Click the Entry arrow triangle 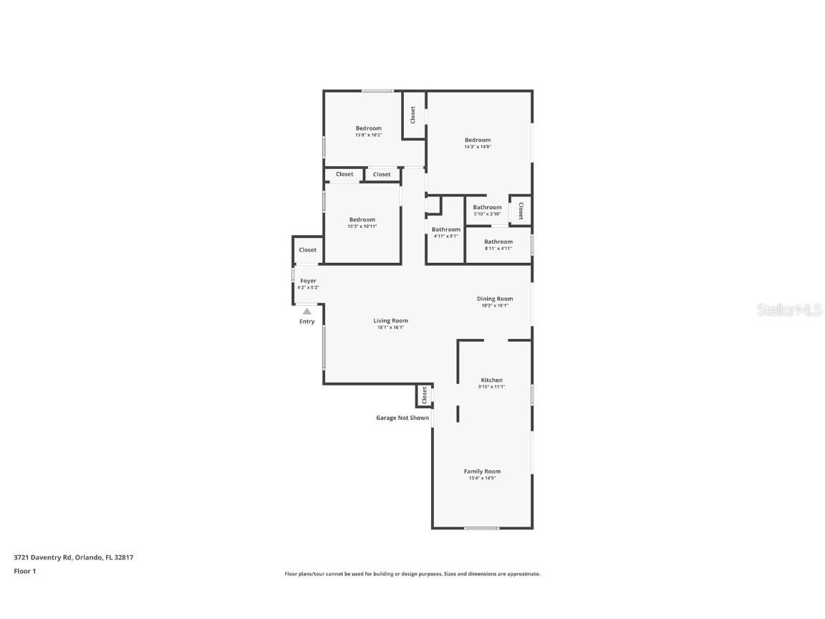click(x=307, y=311)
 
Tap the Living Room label click(x=390, y=321)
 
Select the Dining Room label click(x=495, y=299)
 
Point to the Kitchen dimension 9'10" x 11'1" click(x=491, y=387)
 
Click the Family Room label click(x=482, y=471)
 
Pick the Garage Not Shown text click(x=402, y=418)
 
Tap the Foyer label click(x=308, y=281)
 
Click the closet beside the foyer click(x=308, y=250)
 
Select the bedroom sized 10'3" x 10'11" click(x=362, y=223)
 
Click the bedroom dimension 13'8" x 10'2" click(x=368, y=135)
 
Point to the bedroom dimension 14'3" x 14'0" click(x=478, y=147)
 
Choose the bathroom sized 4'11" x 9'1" click(x=445, y=233)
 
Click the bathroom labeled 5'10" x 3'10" click(x=487, y=211)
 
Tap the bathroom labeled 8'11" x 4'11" click(x=498, y=245)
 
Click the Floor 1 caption click(x=25, y=571)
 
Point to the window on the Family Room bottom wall click(x=481, y=529)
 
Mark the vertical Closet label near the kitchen click(x=424, y=395)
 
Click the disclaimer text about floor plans click(x=412, y=574)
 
